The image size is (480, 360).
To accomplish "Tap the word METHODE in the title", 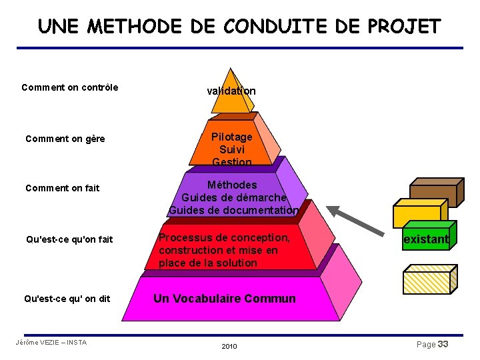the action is pos(134,27).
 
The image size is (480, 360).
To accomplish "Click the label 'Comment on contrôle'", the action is pos(70,87).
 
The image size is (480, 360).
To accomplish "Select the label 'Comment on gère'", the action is pos(65,139).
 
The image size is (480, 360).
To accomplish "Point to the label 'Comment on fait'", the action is pos(62,188).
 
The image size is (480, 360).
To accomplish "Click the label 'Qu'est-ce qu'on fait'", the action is pos(69,239).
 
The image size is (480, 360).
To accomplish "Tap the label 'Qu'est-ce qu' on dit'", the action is pos(67,299).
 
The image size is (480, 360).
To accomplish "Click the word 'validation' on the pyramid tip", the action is pos(231,91).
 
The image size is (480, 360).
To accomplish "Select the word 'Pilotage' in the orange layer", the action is pos(231,137).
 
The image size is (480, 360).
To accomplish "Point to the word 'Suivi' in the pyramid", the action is pos(231,149).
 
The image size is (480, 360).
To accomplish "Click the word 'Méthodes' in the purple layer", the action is pos(232,185).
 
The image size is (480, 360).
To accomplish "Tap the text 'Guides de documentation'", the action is pos(233,210).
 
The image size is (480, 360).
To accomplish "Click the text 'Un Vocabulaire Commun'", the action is pos(224,299).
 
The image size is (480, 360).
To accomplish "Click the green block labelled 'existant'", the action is pos(427,239).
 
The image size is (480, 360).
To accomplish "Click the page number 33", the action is pos(443,344).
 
